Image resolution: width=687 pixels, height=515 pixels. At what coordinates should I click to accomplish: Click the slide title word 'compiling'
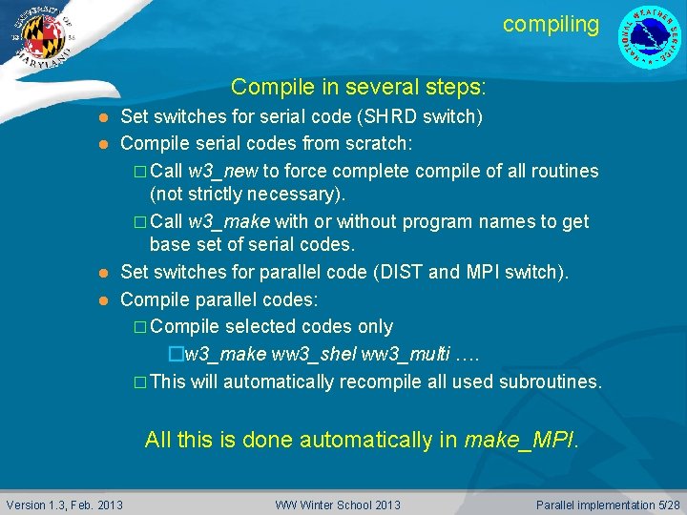(551, 24)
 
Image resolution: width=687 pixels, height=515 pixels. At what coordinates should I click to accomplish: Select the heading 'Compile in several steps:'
(358, 88)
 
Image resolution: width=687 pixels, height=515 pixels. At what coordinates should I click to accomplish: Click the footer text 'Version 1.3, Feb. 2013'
(65, 504)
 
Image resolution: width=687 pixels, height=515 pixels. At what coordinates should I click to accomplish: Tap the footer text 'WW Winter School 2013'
(338, 504)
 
